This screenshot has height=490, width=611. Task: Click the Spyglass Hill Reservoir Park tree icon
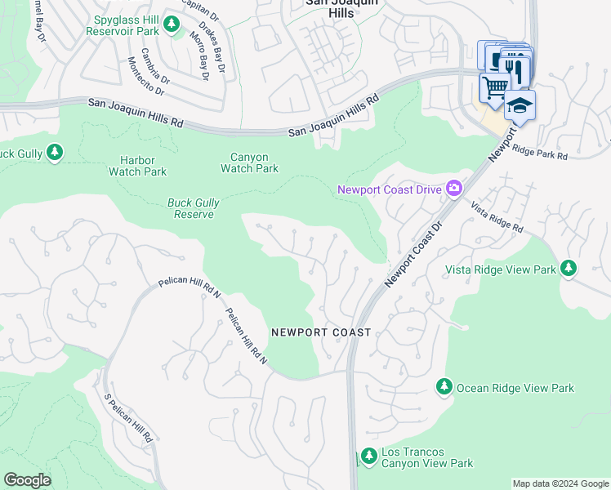point(172,25)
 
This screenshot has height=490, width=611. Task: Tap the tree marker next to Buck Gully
point(55,153)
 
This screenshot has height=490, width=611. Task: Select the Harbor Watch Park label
point(137,166)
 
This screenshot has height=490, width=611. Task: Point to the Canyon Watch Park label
point(249,163)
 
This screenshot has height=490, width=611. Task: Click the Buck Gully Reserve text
point(194,208)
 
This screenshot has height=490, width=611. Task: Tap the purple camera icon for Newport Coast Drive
point(455,189)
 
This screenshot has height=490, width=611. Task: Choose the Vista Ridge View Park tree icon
point(569,269)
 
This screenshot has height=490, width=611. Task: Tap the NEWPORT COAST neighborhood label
point(321,332)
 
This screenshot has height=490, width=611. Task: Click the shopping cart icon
point(494,87)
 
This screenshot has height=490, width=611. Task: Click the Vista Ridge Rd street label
point(495,216)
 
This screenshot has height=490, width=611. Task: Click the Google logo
point(27,480)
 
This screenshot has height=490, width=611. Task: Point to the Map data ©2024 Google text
point(560,484)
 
